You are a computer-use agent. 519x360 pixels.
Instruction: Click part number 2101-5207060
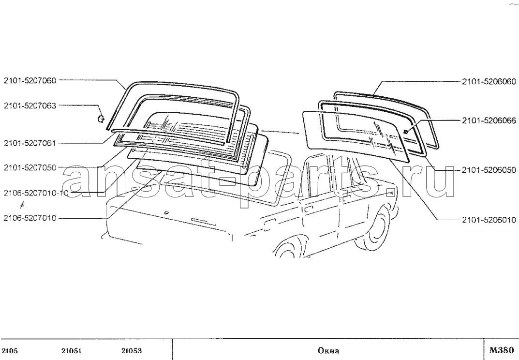pos(30,80)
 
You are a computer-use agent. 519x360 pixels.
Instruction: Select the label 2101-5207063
pos(30,105)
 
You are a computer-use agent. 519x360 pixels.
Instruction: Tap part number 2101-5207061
pos(30,143)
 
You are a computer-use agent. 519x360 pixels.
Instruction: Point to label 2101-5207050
pos(30,167)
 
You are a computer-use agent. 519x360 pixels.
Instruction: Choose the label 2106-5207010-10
pos(36,193)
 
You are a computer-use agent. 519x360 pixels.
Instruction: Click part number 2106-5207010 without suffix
pos(30,218)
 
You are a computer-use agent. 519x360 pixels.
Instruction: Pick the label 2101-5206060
pos(489,81)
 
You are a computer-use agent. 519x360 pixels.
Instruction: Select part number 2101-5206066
pos(489,120)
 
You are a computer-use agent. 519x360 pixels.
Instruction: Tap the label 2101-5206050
pos(489,170)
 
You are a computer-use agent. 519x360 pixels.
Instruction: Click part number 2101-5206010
pos(489,220)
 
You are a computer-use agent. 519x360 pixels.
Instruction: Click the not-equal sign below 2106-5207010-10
pos(22,205)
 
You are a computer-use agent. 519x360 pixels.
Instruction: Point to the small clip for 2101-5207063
pos(101,118)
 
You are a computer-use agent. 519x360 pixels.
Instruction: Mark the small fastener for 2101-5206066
pos(405,132)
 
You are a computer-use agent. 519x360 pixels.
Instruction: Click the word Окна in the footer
pos(328,351)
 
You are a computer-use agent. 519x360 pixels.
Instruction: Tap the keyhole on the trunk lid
pos(166,212)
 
